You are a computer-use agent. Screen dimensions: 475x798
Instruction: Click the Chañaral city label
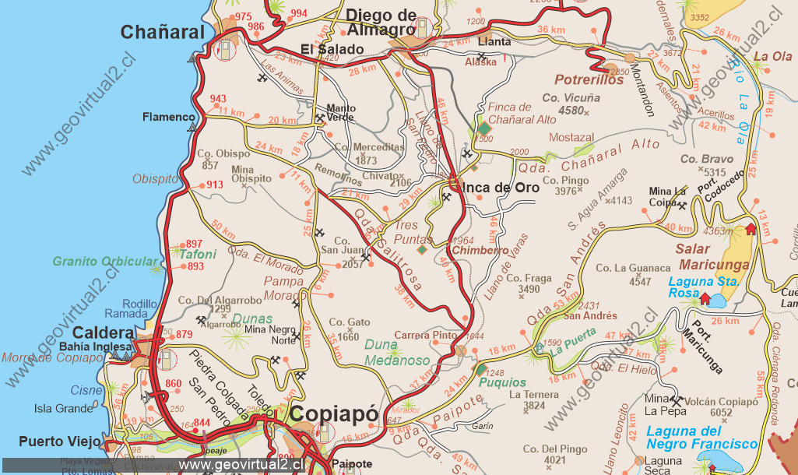coord(162,32)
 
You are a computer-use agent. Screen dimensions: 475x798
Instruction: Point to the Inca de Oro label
coord(500,188)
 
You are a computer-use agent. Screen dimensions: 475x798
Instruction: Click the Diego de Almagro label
coord(381,23)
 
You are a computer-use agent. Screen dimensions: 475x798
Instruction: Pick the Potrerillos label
coord(589,79)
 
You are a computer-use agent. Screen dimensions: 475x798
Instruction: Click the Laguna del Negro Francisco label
coord(701,437)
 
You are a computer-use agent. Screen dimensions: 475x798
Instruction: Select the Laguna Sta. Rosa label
coord(695,287)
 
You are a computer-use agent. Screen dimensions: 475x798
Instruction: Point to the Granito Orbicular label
coord(104,262)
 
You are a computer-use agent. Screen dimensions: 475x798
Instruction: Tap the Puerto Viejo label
coord(60,441)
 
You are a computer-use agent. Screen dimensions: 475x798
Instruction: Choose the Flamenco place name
coord(168,118)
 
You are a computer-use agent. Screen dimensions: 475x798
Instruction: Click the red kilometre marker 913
coord(215,185)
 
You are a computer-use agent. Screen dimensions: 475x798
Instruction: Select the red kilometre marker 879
coord(184,335)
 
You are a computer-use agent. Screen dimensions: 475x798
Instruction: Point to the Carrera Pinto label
coord(425,336)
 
